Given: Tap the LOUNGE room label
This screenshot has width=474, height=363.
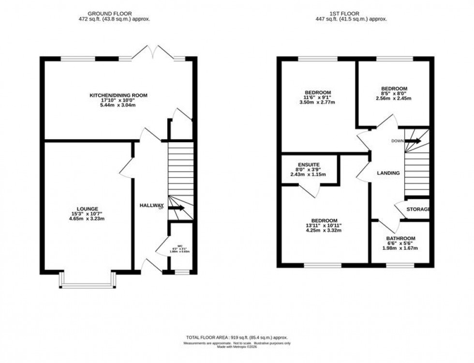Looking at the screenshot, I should click(x=87, y=209).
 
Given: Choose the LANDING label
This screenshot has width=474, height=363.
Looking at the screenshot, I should click(x=388, y=173).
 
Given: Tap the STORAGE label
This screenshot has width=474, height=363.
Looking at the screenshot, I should click(x=418, y=209).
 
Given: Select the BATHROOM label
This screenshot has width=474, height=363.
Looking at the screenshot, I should click(x=400, y=239).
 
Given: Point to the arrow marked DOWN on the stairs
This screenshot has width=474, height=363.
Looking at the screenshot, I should click(x=412, y=141).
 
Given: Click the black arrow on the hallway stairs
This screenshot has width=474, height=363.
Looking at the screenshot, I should click(x=177, y=208).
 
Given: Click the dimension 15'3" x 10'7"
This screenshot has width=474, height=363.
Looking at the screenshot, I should click(x=87, y=214).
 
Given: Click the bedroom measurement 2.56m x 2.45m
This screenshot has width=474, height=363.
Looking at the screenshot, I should click(x=394, y=99).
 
